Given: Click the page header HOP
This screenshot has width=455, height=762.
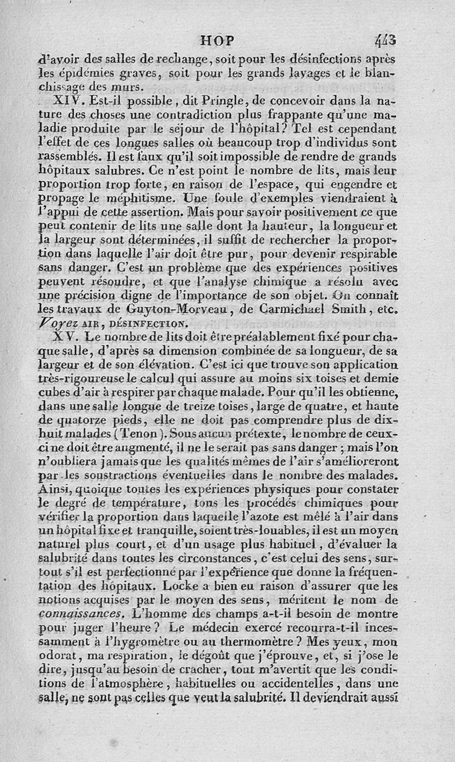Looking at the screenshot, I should click(x=218, y=40).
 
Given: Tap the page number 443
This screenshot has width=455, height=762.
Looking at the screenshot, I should click(x=385, y=40).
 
